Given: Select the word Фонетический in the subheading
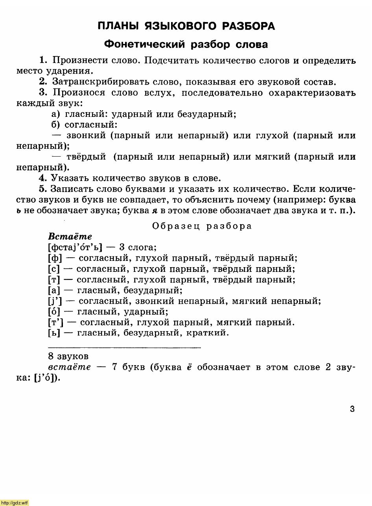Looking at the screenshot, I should click(144, 44).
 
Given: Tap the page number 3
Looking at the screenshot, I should click(352, 409).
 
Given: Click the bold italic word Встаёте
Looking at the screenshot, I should click(70, 236).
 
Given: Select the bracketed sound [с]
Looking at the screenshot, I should click(54, 269).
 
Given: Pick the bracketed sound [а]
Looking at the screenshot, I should click(54, 291).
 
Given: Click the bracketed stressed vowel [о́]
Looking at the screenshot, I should click(54, 312).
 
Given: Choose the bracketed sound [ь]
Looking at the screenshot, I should click(54, 333).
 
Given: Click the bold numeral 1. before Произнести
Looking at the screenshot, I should click(43, 61).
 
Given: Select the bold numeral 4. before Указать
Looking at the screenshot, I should click(43, 178).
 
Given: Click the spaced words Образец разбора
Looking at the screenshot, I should click(202, 226).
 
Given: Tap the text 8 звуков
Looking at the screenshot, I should click(68, 356).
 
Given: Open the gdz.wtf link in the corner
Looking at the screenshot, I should click(15, 502).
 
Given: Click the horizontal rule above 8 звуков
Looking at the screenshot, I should click(124, 347).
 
